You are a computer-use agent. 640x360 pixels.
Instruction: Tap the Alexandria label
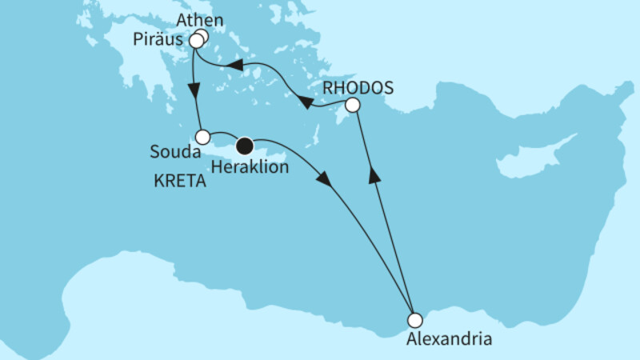click(448, 338)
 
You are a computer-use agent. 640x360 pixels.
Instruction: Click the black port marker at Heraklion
click(245, 146)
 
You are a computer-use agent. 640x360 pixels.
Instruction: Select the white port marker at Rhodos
click(352, 105)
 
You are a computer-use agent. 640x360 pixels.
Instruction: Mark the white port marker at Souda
click(203, 136)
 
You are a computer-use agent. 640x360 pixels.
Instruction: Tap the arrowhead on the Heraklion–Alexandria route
click(324, 180)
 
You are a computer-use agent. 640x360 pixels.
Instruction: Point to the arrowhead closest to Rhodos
click(305, 102)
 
